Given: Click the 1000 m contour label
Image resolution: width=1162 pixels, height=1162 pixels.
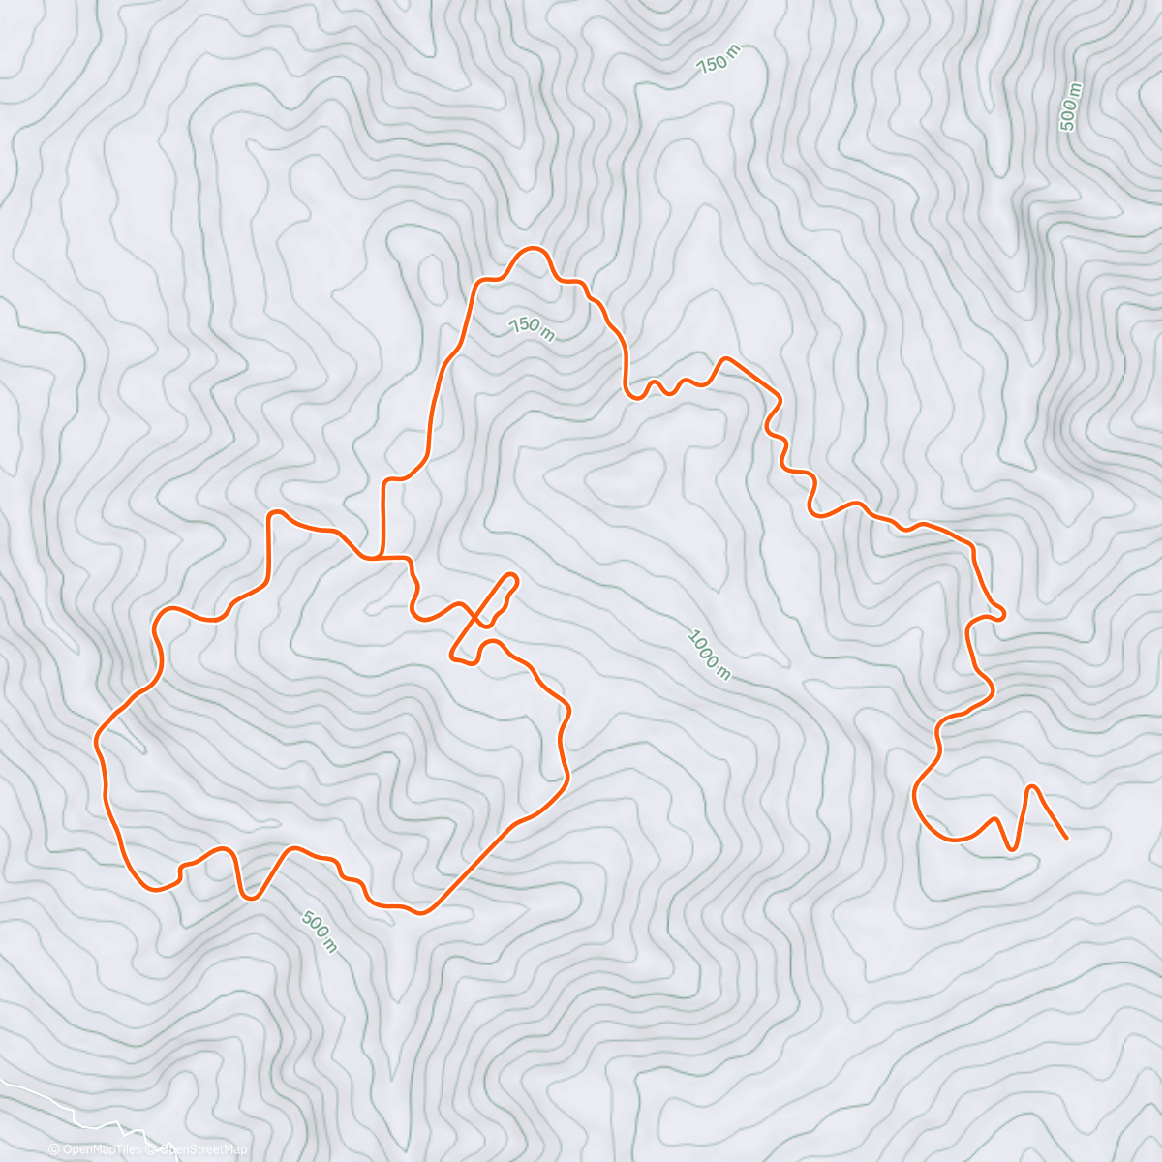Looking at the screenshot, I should tap(709, 655).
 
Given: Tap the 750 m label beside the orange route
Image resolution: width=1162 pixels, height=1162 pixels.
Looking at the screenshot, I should tap(532, 328).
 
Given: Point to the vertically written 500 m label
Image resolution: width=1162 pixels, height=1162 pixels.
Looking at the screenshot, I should tap(1070, 107).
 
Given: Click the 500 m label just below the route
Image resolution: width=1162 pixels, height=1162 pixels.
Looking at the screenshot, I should tap(319, 932).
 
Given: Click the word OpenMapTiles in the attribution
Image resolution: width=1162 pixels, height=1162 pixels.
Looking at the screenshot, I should tap(103, 1149).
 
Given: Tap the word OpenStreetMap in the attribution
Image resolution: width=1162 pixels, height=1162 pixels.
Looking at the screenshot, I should tap(204, 1149).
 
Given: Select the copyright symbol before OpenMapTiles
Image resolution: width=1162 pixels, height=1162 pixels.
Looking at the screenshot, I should tap(54, 1149).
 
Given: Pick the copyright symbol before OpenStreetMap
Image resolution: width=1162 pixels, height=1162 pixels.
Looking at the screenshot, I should tap(152, 1149).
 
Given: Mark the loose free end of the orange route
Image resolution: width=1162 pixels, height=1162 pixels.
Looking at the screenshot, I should tap(1065, 837).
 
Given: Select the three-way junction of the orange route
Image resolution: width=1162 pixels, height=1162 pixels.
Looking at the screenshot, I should tap(383, 558).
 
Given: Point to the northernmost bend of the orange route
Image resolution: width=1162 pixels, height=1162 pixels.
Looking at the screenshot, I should tap(533, 249).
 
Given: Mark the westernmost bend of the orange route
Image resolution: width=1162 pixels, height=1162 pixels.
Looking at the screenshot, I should tap(96, 742).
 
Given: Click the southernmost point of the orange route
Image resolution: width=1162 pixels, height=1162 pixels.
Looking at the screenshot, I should tap(419, 911).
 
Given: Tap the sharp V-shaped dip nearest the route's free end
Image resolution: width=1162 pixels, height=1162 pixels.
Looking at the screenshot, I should tap(1013, 849).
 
